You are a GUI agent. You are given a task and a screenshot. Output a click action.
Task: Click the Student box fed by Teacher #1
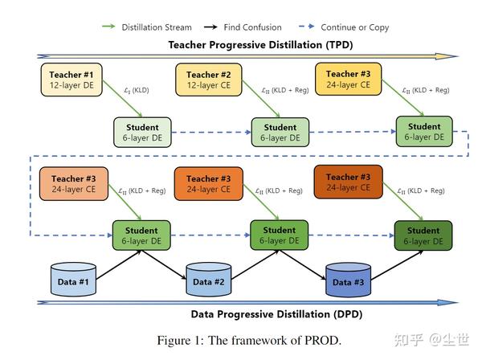(x=142, y=132)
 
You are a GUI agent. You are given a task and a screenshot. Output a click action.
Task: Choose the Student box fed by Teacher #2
(x=280, y=132)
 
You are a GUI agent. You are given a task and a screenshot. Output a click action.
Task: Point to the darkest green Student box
(x=423, y=235)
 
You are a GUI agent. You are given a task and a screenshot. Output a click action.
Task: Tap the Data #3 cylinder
(x=348, y=281)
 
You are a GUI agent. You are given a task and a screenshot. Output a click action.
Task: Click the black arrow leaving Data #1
(x=104, y=265)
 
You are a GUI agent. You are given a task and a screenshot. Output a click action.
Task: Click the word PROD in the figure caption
(x=318, y=340)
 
